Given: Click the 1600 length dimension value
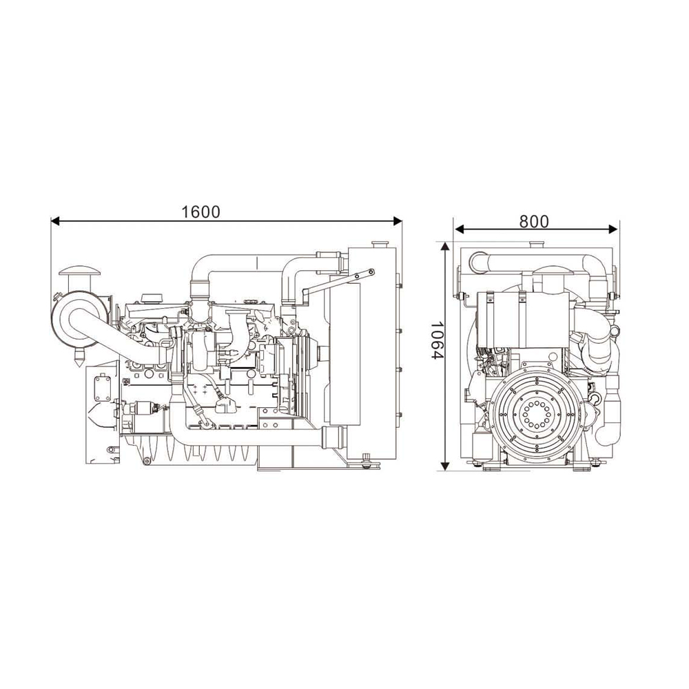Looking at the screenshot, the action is point(200,212).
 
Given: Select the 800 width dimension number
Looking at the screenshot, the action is point(534,222).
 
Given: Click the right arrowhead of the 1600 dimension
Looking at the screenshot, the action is point(398,221).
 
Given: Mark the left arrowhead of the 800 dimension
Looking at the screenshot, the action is point(459,229).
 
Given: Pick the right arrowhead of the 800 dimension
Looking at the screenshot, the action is point(614,229).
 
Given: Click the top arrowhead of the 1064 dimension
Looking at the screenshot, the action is point(446,247).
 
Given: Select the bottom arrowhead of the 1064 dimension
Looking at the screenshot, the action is point(446,466).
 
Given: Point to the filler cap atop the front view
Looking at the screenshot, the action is point(535,245).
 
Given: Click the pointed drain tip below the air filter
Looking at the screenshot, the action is point(79,361).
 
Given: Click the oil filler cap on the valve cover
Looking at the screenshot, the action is point(149,298).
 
